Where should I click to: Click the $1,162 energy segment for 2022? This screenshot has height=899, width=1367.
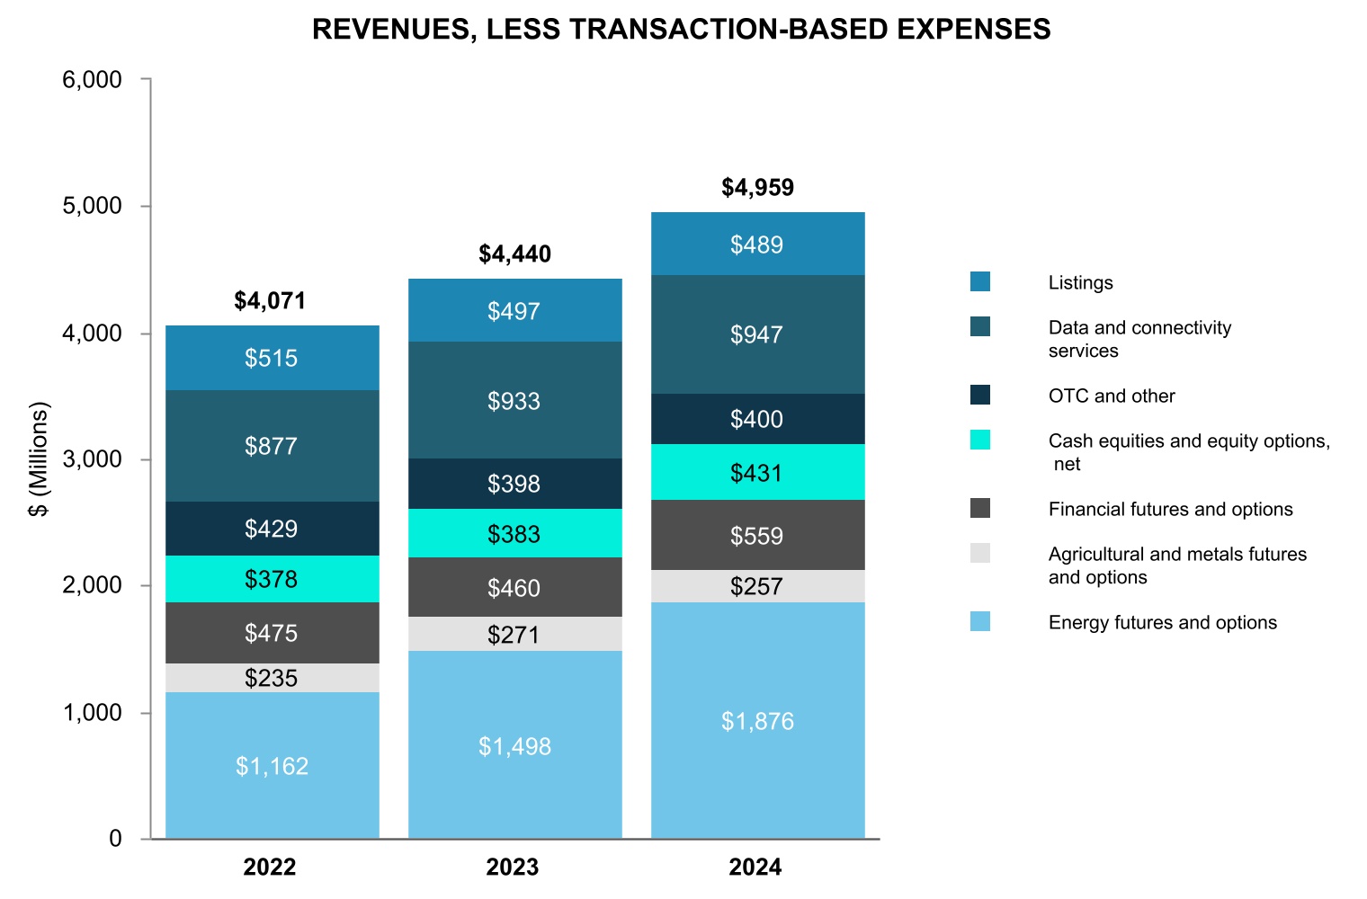tap(273, 766)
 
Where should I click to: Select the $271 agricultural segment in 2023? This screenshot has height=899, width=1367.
tap(514, 635)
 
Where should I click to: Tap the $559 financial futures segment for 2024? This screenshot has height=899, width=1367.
tap(757, 536)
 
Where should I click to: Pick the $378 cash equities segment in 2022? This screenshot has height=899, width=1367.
tap(272, 579)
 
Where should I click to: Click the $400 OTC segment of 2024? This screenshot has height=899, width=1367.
tap(757, 419)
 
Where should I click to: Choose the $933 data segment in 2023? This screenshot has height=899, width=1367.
tap(514, 401)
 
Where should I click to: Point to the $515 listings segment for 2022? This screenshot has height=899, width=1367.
tap(272, 358)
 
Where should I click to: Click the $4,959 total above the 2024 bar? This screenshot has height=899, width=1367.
tap(758, 188)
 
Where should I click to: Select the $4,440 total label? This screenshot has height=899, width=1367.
tap(514, 254)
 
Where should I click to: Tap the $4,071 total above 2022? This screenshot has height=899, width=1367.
tap(270, 301)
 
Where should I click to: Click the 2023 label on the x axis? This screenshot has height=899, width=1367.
tap(513, 868)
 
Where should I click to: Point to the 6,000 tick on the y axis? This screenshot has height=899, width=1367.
tap(92, 80)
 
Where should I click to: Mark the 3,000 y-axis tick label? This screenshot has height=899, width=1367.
tap(92, 459)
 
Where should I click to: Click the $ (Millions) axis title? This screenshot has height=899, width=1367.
tap(39, 459)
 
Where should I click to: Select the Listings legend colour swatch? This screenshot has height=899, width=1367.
tap(980, 282)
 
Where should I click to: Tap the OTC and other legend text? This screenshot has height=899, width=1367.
tap(1112, 396)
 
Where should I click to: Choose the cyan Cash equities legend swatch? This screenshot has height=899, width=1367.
tap(980, 441)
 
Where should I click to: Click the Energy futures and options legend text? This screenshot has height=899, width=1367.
tap(1162, 622)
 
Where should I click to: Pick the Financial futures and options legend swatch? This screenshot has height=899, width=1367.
tap(980, 509)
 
